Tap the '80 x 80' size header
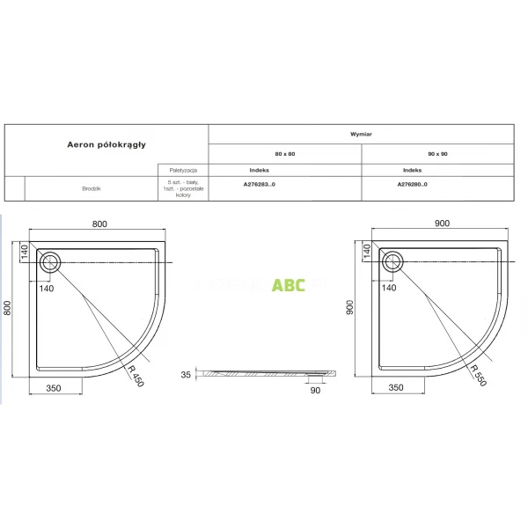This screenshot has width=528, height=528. pos(284,154)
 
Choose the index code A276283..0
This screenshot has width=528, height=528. pos(260,186)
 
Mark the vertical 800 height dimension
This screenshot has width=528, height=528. pos(8,309)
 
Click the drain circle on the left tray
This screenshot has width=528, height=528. pos(49,260)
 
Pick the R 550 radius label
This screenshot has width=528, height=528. pos(475,375)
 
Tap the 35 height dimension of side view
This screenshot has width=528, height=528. pos(186,374)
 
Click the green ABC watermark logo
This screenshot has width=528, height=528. pos(289,284)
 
